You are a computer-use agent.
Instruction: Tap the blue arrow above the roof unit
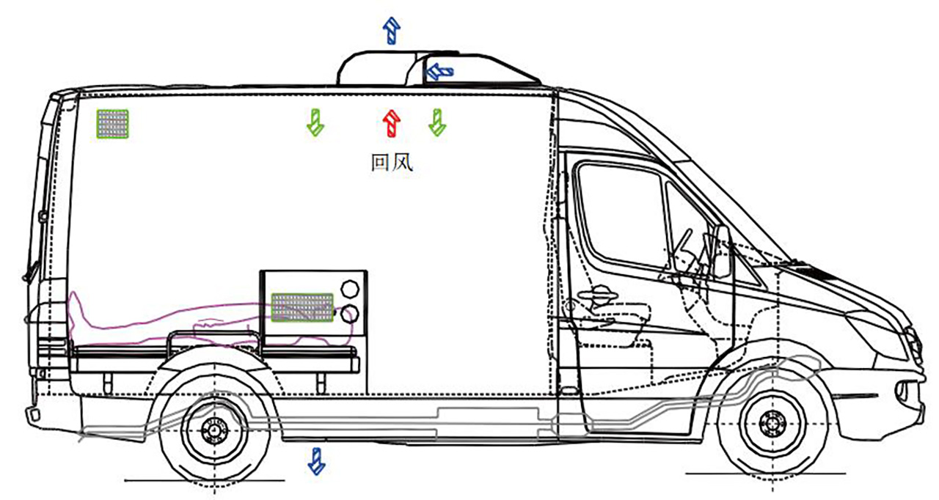tap(392, 31)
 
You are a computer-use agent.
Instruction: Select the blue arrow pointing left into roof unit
tap(439, 71)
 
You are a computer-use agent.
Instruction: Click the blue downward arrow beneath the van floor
tap(317, 460)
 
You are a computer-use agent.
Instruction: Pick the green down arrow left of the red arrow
tap(315, 122)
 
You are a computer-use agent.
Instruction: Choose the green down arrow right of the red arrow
tap(437, 122)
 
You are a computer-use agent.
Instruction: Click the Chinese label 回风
tap(392, 162)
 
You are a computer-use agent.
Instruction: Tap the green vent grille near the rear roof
tap(112, 124)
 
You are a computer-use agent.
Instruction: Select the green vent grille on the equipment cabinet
tap(302, 307)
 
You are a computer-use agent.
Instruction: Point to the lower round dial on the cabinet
tap(350, 314)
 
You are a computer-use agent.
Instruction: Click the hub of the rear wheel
tap(214, 430)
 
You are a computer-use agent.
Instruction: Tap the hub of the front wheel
tap(772, 423)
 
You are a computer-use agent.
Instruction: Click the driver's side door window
tap(620, 213)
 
